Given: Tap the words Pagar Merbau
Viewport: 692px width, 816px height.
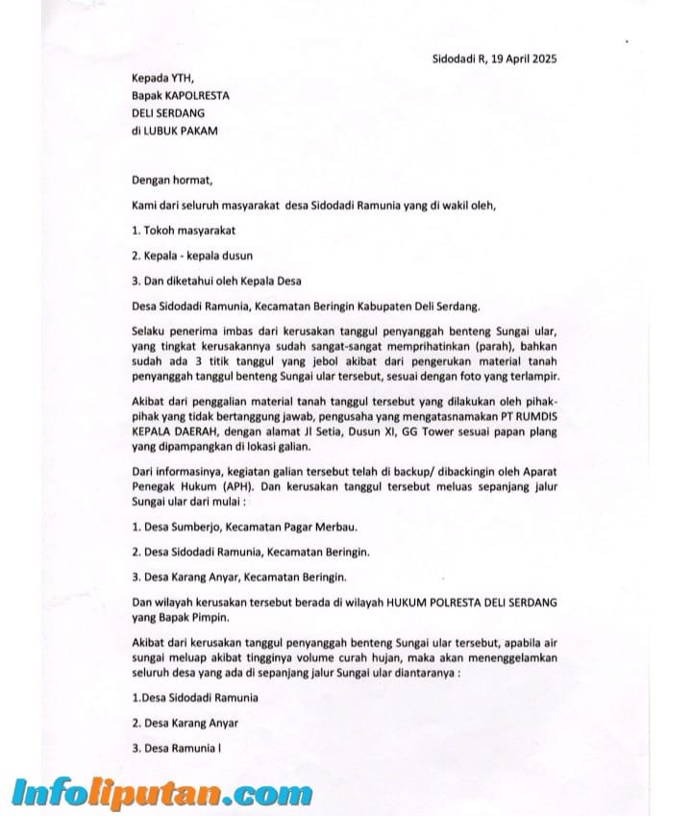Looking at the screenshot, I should pyautogui.click(x=311, y=528).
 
